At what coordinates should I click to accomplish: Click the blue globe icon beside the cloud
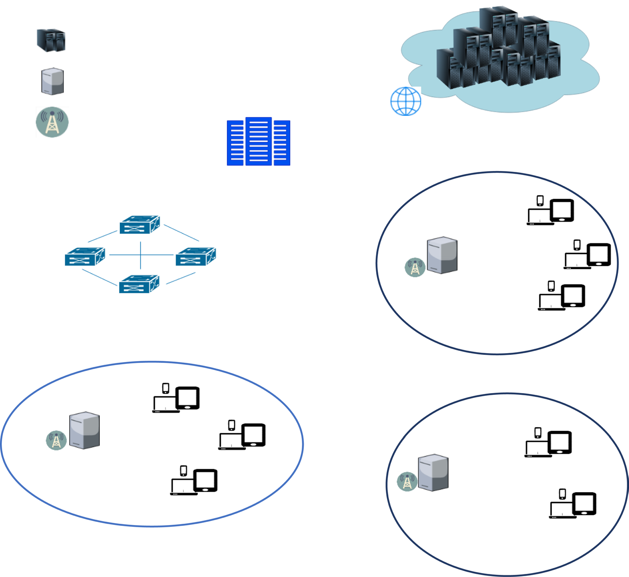[x=405, y=101]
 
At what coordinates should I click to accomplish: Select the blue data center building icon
[x=259, y=142]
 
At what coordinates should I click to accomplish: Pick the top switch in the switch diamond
[x=140, y=224]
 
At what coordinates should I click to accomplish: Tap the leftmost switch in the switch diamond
[x=85, y=257]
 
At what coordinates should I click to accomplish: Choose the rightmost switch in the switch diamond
[x=196, y=257]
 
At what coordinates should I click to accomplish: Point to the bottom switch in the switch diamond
[x=139, y=284]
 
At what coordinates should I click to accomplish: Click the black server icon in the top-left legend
[x=51, y=40]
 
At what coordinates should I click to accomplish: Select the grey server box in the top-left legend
[x=52, y=81]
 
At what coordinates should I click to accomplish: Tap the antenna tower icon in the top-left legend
[x=52, y=122]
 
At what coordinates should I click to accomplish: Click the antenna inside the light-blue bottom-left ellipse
[x=56, y=440]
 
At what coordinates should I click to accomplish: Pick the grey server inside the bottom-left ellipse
[x=84, y=430]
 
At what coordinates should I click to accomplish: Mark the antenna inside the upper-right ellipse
[x=415, y=267]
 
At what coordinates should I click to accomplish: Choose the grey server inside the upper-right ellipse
[x=442, y=255]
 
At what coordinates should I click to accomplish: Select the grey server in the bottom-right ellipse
[x=433, y=473]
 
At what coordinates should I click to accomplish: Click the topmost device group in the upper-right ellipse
[x=550, y=211]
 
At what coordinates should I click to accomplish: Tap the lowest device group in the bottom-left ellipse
[x=194, y=481]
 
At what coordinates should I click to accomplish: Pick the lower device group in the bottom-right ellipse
[x=573, y=504]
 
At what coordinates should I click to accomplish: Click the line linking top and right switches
[x=181, y=232]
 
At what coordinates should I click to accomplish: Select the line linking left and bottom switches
[x=99, y=277]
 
